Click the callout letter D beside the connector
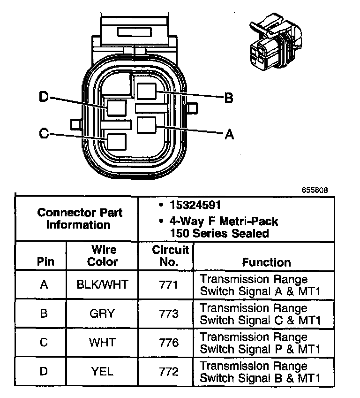44,97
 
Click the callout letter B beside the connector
229,98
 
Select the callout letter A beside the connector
229,135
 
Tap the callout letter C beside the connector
44,134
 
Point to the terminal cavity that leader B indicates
147,92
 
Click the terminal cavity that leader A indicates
146,126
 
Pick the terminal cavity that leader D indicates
116,107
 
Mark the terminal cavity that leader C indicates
116,141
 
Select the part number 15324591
195,205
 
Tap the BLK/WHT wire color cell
102,284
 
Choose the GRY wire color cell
102,314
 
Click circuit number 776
166,343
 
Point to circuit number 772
166,372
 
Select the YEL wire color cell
102,372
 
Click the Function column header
266,262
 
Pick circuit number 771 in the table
166,284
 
